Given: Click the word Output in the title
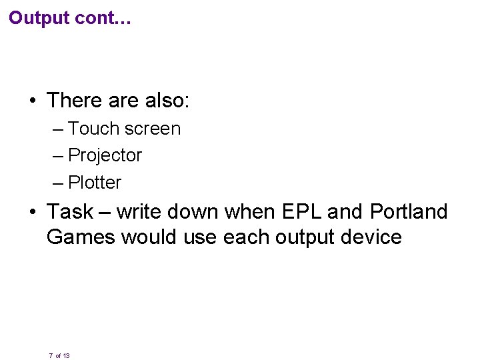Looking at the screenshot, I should [x=39, y=18].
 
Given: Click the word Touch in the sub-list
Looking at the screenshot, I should [x=91, y=128].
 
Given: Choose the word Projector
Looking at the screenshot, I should [x=105, y=155].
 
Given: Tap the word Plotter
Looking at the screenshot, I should [x=95, y=183].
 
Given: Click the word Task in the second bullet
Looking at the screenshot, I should [x=70, y=212].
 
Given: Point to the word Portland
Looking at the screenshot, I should [x=409, y=212].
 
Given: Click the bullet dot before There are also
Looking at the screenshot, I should [x=32, y=101].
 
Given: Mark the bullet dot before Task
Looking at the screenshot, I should [x=32, y=213].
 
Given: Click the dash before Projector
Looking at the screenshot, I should [x=58, y=156].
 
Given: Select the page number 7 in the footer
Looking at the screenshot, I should [x=51, y=356].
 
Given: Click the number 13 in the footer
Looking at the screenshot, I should [x=66, y=356].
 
